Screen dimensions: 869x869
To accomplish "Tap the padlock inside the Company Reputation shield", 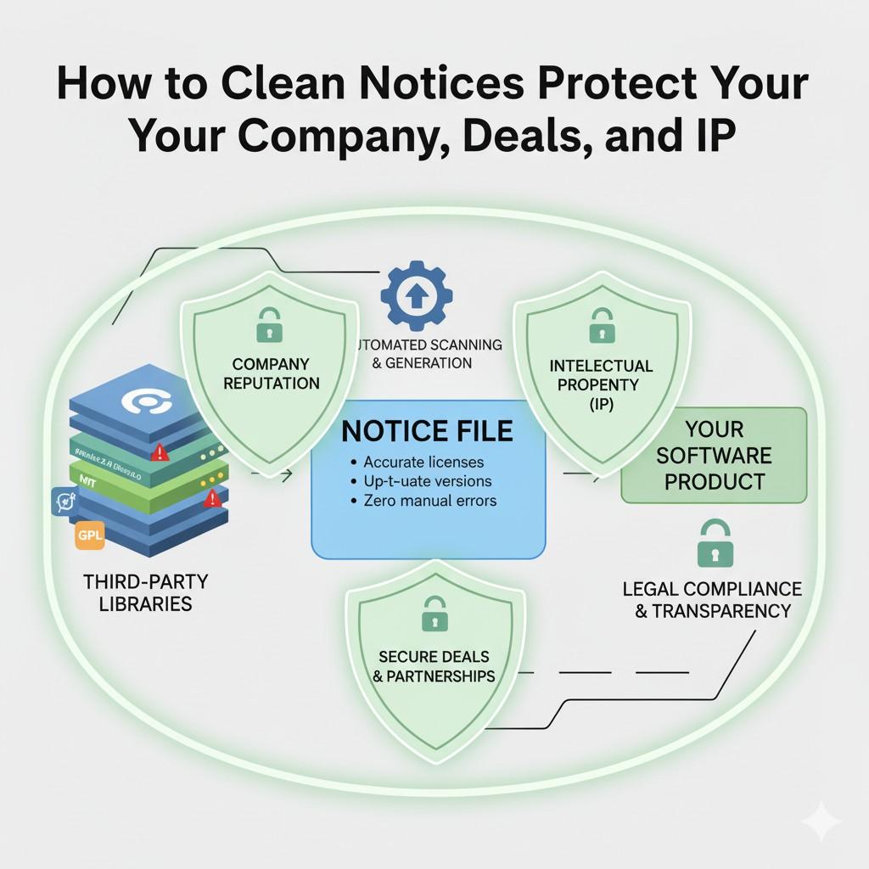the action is tap(269, 323).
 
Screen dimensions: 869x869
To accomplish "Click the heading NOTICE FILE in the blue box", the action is tap(427, 430).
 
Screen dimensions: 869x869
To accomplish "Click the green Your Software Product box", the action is tap(715, 455).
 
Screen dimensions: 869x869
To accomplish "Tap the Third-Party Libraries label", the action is tap(146, 593).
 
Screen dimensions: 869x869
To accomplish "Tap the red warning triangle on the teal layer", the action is tap(160, 454).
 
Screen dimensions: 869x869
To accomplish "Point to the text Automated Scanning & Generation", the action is tap(428, 354).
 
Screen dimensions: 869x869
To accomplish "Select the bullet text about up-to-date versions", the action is tap(428, 481).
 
